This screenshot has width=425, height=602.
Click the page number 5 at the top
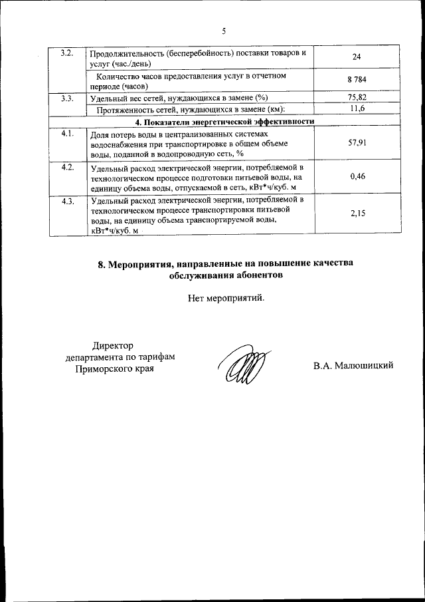tap(224, 31)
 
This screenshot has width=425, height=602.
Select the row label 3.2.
tap(66, 53)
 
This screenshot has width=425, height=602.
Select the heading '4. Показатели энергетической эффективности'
tap(224, 121)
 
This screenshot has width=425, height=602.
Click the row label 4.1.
tap(66, 134)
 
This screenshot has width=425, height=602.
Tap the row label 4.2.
tap(66, 166)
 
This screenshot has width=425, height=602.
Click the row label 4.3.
tap(66, 201)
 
